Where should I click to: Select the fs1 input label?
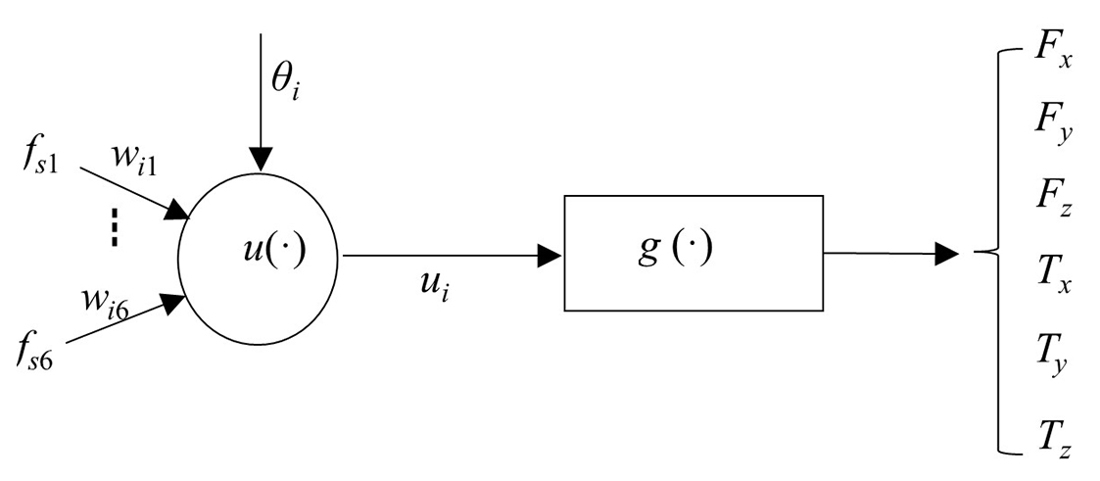pos(40,159)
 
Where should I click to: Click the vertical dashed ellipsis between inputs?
pos(115,230)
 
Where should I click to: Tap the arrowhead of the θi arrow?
pos(261,158)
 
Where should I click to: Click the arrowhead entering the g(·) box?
pos(551,256)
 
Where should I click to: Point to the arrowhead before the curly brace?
pos(946,255)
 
